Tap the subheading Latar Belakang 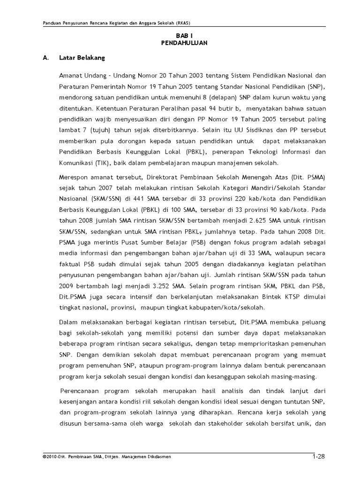82,58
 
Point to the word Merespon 73,178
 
